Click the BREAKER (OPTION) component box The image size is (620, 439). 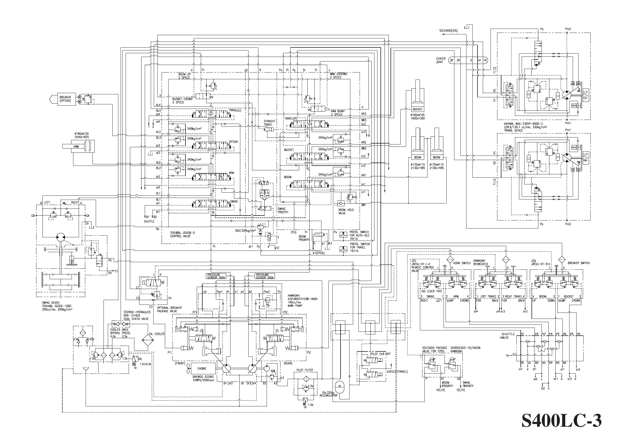click(x=65, y=99)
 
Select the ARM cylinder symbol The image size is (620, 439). click(x=78, y=147)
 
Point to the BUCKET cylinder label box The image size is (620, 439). click(x=417, y=109)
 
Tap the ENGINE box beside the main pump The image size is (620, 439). click(x=202, y=369)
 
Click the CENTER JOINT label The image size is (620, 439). click(x=441, y=60)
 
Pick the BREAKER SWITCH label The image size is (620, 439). click(x=578, y=263)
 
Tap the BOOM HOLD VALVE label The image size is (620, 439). click(x=346, y=211)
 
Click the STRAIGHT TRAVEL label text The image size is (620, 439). click(x=269, y=123)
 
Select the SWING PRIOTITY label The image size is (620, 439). click(x=283, y=210)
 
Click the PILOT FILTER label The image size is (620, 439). click(x=305, y=370)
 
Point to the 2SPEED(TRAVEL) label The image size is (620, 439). click(x=397, y=372)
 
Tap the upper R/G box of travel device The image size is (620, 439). click(x=585, y=95)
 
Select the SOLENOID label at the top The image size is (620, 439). click(x=448, y=31)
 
